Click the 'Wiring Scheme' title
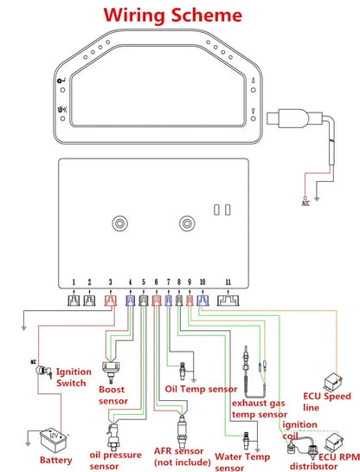point(172,15)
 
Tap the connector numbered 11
point(228,301)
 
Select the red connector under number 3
point(111,301)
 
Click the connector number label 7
point(169,282)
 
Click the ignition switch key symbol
point(43,372)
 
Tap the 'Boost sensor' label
point(113,395)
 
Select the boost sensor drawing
point(111,372)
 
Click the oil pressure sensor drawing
point(113,436)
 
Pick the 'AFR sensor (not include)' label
point(182,456)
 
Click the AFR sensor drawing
point(182,430)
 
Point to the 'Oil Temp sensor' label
point(201,389)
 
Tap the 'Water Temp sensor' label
point(242,462)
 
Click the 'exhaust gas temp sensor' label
point(260,409)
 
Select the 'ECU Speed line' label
point(326,402)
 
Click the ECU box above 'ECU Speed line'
point(333,381)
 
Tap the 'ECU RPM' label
point(339,457)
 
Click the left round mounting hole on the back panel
point(119,223)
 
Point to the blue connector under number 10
point(202,301)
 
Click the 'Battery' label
point(56,460)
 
